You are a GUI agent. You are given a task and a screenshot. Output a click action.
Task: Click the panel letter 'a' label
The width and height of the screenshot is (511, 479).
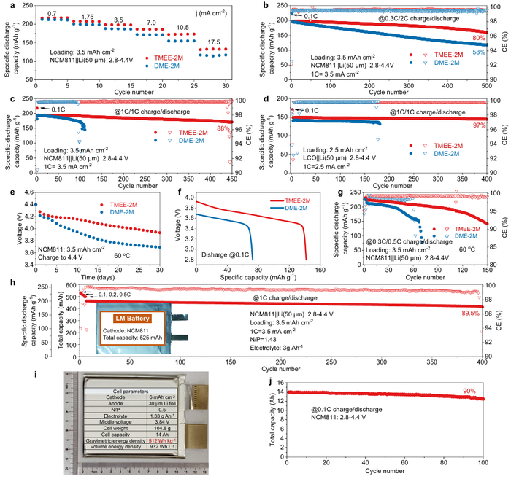(x=5, y=6)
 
